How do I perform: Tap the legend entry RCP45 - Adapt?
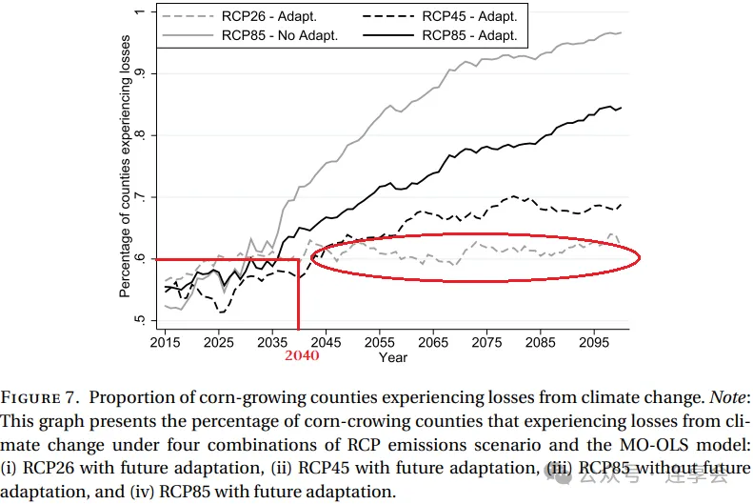tap(469, 16)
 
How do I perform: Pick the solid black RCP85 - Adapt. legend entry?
tap(469, 35)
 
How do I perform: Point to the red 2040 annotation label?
tap(300, 355)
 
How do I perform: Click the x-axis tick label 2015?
tap(166, 342)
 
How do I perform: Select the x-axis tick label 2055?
tap(380, 342)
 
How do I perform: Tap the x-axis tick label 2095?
tap(593, 342)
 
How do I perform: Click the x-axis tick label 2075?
tap(486, 342)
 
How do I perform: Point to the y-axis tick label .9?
tap(139, 73)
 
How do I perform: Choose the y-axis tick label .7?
tap(139, 197)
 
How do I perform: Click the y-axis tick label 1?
tap(139, 11)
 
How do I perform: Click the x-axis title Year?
tap(392, 357)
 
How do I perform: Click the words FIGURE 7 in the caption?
tap(44, 398)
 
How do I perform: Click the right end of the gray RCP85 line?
tap(622, 32)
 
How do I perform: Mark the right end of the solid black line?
tap(622, 108)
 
